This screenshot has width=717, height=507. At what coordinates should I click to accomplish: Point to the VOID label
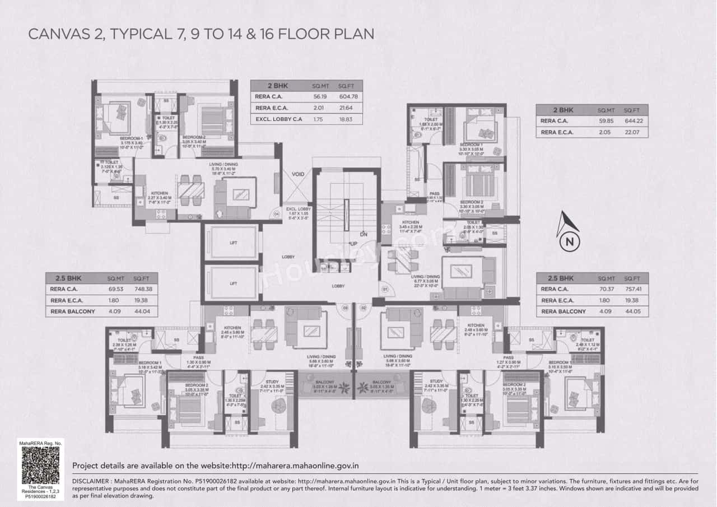click(297, 174)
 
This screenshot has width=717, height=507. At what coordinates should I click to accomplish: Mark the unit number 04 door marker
click(276, 214)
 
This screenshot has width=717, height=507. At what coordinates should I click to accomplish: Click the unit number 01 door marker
click(385, 290)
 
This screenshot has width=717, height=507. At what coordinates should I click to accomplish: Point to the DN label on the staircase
click(363, 234)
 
